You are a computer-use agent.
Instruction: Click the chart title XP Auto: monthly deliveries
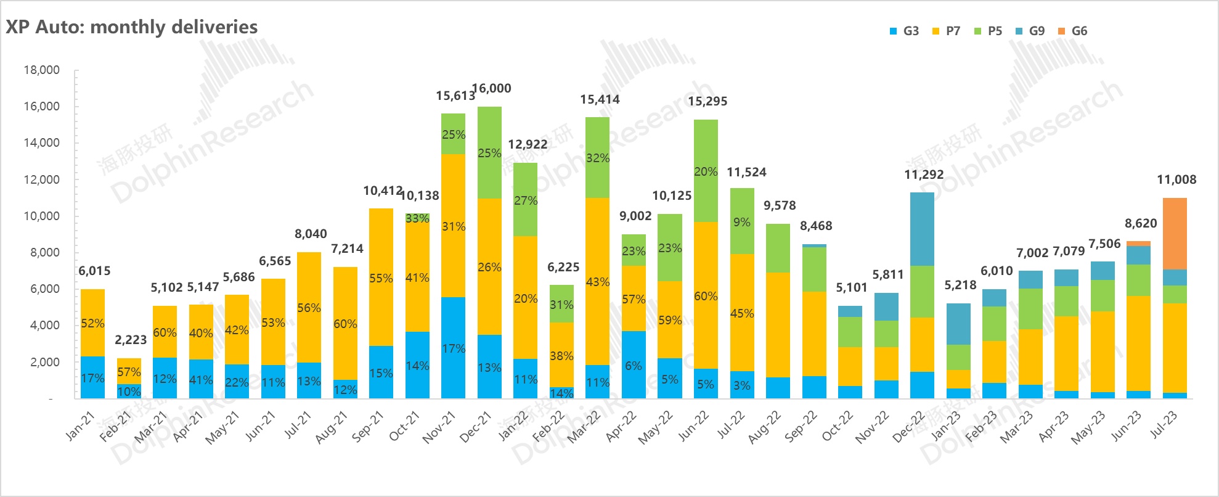pyautogui.click(x=131, y=27)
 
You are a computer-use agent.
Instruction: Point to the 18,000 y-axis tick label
pyautogui.click(x=42, y=70)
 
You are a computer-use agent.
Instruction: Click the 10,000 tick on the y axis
pyautogui.click(x=42, y=216)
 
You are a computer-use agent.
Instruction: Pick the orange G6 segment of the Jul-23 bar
pyautogui.click(x=1175, y=234)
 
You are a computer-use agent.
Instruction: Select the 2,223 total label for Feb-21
pyautogui.click(x=131, y=340)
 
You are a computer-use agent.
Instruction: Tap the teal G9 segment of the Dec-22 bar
pyautogui.click(x=922, y=229)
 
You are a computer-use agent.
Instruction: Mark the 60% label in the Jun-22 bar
pyautogui.click(x=706, y=296)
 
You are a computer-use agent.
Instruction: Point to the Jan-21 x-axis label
pyautogui.click(x=80, y=426)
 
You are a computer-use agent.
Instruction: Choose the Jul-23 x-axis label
pyautogui.click(x=1164, y=425)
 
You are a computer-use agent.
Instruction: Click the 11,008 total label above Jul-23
pyautogui.click(x=1176, y=180)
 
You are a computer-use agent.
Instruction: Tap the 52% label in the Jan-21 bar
pyautogui.click(x=92, y=323)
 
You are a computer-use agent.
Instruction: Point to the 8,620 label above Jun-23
pyautogui.click(x=1141, y=223)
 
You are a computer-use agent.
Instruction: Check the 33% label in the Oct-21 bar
pyautogui.click(x=417, y=218)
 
